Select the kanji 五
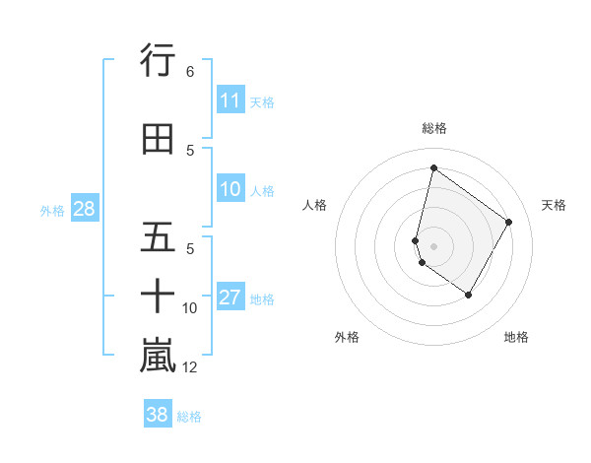pyautogui.click(x=158, y=238)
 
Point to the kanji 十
pyautogui.click(x=158, y=296)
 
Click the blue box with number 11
pyautogui.click(x=230, y=100)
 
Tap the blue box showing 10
pyautogui.click(x=230, y=189)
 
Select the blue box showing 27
pyautogui.click(x=230, y=298)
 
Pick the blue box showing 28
pyautogui.click(x=84, y=208)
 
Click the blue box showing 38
pyautogui.click(x=158, y=415)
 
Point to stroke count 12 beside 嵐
pyautogui.click(x=190, y=367)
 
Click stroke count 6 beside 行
pyautogui.click(x=190, y=72)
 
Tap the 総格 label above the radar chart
pyautogui.click(x=433, y=128)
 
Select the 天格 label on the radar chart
pyautogui.click(x=554, y=205)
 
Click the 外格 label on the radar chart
pyautogui.click(x=347, y=337)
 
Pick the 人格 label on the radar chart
pyautogui.click(x=315, y=205)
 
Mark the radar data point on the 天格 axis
pyautogui.click(x=509, y=222)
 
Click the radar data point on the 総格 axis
pyautogui.click(x=433, y=167)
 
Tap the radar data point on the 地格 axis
pyautogui.click(x=469, y=295)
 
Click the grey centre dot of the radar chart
pyautogui.click(x=433, y=245)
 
